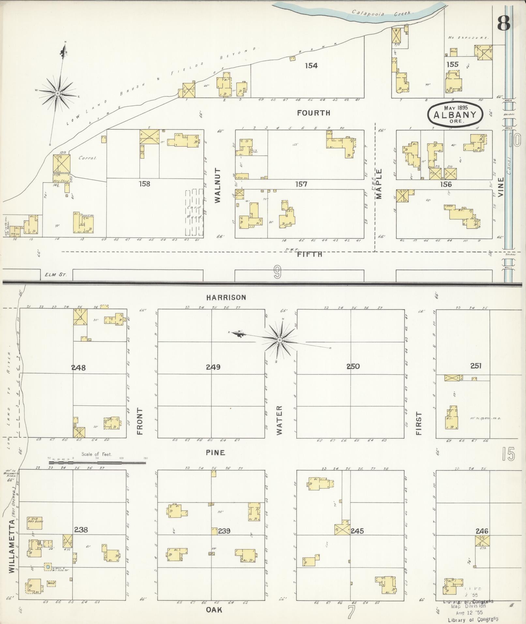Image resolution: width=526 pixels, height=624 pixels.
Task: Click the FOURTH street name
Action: pyautogui.click(x=314, y=113)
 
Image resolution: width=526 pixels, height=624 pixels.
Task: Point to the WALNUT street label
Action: pyautogui.click(x=218, y=185)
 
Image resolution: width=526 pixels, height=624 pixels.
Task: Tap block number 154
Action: pyautogui.click(x=311, y=66)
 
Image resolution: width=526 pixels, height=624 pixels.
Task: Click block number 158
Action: pyautogui.click(x=144, y=184)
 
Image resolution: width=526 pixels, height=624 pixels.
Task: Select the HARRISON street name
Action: pyautogui.click(x=226, y=297)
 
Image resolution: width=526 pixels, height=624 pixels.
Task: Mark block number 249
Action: pyautogui.click(x=213, y=367)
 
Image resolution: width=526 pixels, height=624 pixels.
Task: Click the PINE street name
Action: pyautogui.click(x=215, y=452)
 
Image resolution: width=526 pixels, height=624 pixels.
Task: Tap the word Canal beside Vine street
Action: pyautogui.click(x=509, y=166)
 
